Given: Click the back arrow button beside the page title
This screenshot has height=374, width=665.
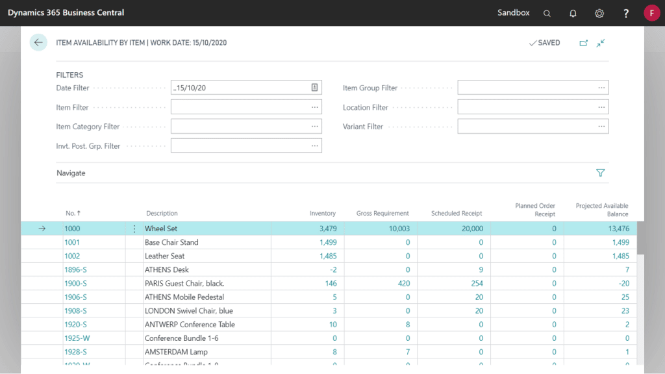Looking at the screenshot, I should [x=38, y=43].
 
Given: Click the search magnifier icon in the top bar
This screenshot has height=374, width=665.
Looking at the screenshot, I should [x=547, y=13].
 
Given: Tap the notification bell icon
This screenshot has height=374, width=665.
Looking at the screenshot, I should [x=573, y=13].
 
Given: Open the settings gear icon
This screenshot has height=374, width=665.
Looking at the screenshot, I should [x=599, y=13].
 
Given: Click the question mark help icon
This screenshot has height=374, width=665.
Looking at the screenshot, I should [x=626, y=13].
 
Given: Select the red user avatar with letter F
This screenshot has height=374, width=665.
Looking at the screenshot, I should [x=651, y=13].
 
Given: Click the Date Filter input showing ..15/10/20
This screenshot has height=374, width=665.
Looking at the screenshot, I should [x=240, y=88].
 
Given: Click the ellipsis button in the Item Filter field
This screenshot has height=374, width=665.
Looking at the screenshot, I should [x=315, y=107].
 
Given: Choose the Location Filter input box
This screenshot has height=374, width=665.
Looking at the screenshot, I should [x=526, y=107].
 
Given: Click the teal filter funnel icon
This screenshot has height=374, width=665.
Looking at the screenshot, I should [x=600, y=173].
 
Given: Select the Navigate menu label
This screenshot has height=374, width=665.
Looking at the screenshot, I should [x=71, y=173].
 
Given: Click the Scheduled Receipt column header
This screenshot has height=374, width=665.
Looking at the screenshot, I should [x=457, y=214].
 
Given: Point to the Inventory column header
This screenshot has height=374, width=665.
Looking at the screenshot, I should [x=323, y=214].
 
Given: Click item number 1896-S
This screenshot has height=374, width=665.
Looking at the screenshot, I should [x=75, y=269].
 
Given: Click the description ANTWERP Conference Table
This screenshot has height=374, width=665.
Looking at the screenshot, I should [x=190, y=325].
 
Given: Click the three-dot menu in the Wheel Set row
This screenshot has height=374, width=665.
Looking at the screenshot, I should [x=134, y=229].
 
